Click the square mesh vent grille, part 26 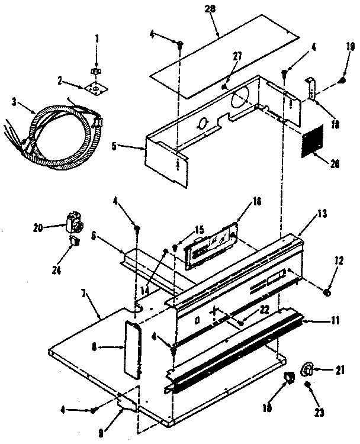coord(313,141)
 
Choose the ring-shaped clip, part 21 coord(307,369)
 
